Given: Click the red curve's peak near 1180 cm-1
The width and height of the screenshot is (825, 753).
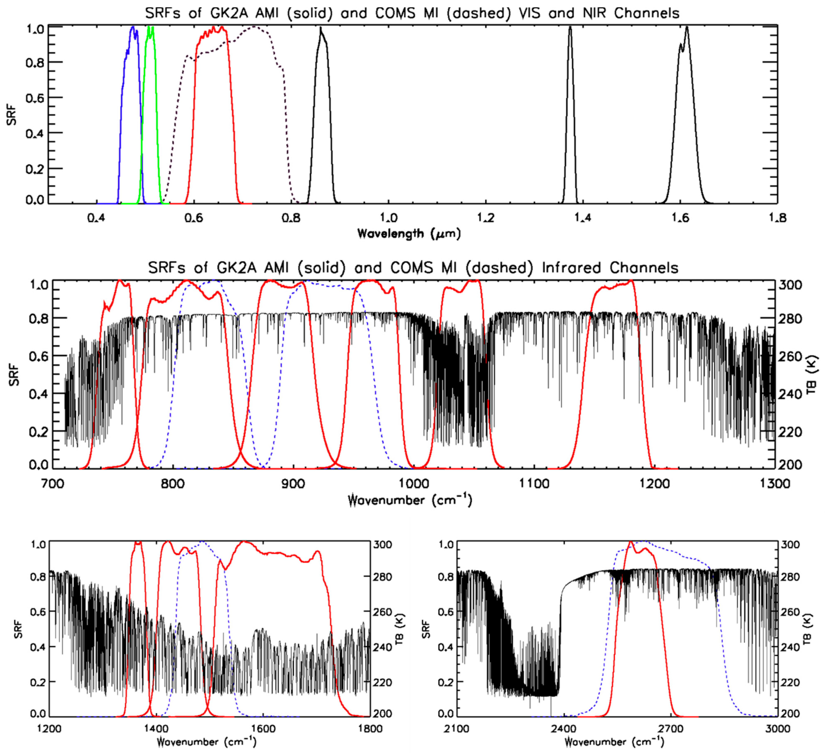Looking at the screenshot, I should coord(631,281).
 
